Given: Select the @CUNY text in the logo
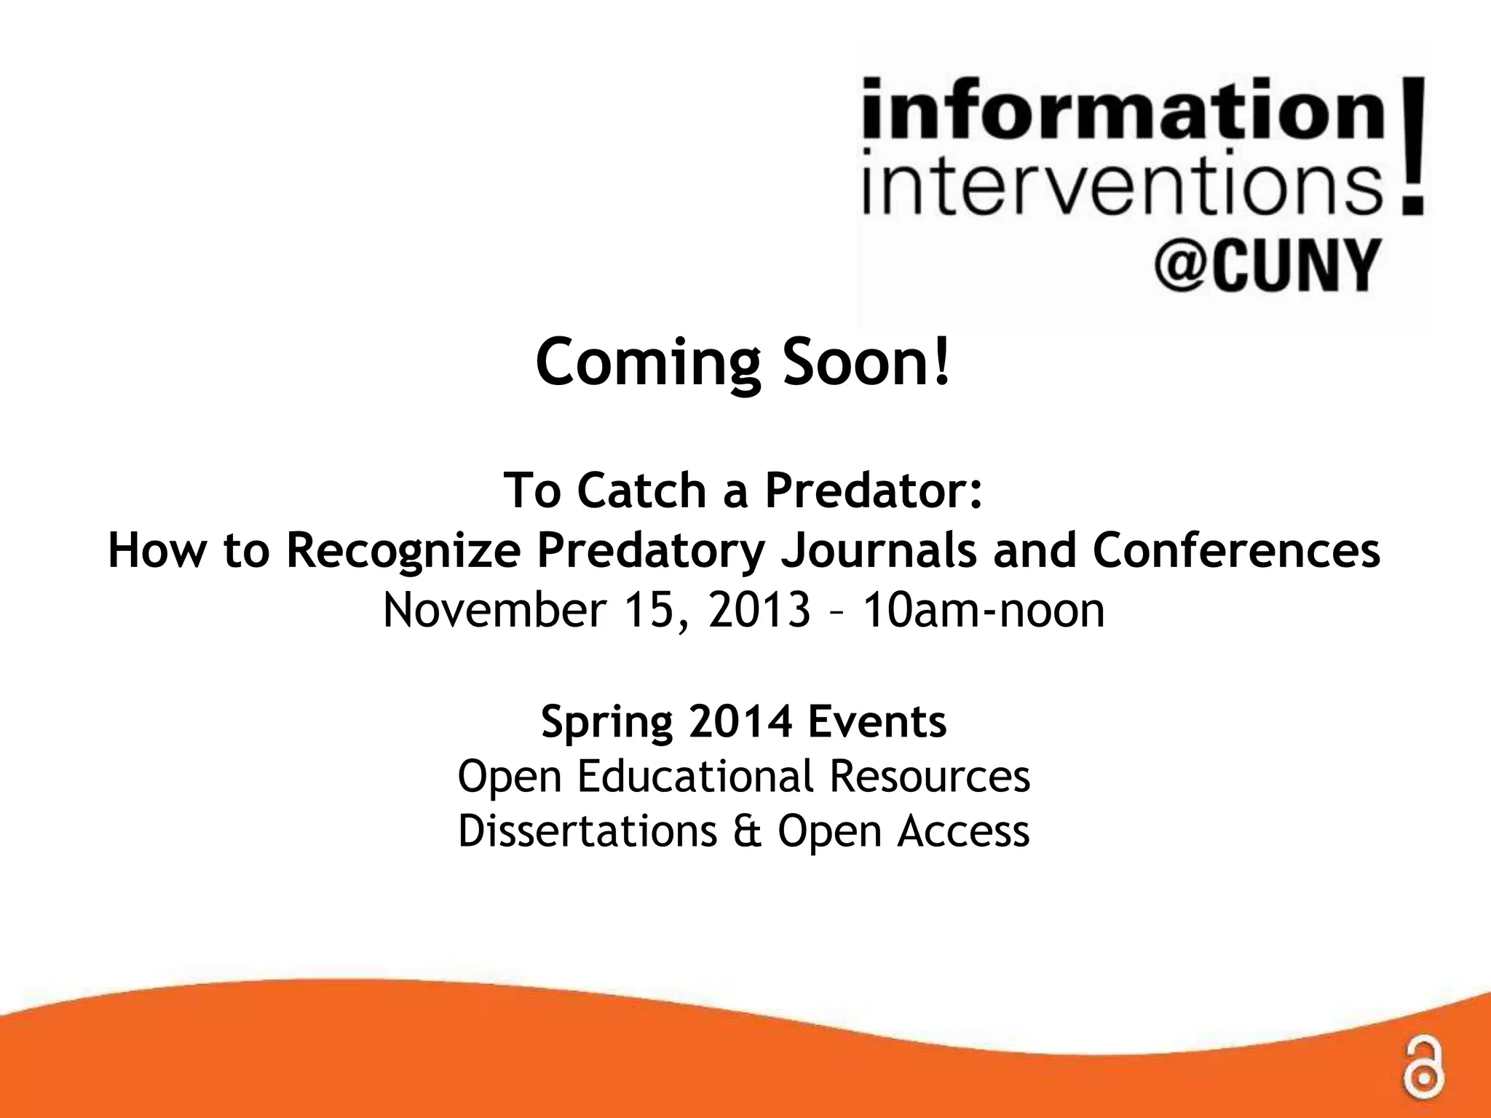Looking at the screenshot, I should [1265, 266].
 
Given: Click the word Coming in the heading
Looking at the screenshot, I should [649, 364].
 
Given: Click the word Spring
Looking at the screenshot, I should [607, 723].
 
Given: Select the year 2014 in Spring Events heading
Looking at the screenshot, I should [740, 721].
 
